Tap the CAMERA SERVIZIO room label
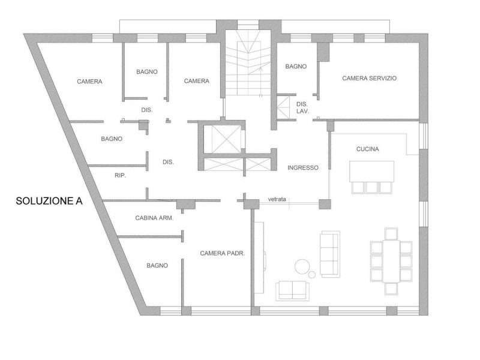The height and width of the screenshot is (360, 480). coord(370,78)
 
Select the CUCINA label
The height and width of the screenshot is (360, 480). coord(367,149)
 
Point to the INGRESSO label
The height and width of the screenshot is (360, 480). coord(302,167)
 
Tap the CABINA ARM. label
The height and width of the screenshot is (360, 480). coord(155,218)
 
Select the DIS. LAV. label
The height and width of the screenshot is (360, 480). coord(302,107)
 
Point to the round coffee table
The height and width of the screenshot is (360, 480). coord(302,266)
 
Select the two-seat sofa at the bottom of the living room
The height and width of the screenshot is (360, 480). coord(292,290)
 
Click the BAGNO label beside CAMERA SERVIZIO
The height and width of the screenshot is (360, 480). coord(296,66)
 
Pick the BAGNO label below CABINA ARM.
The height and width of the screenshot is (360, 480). coord(157,265)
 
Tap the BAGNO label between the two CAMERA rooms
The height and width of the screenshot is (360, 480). coord(147,71)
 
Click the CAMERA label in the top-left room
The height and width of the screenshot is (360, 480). coord(89,81)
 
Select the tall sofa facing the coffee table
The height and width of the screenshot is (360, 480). coord(329,253)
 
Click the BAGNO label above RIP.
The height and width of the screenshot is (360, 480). coord(112,139)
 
